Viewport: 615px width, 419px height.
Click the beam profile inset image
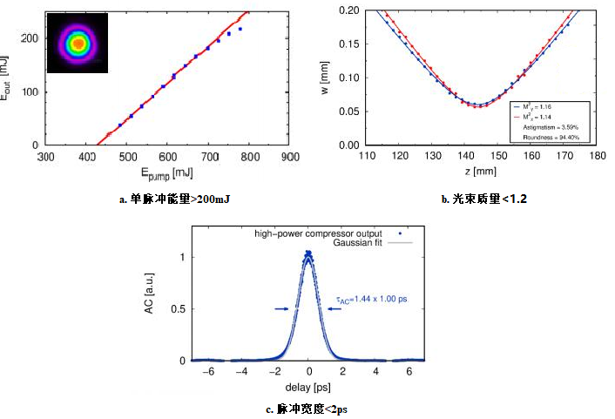click(78, 43)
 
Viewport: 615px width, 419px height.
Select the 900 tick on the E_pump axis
click(291, 157)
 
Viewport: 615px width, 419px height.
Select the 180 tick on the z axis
click(597, 157)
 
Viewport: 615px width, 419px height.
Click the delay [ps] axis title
click(308, 385)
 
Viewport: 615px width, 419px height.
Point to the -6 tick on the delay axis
click(206, 371)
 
